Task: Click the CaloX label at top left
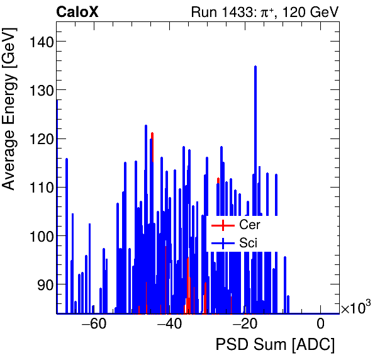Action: coord(77,12)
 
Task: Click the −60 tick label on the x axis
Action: coord(94,325)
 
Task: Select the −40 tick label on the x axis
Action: coord(169,325)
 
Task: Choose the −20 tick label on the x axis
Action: coord(245,325)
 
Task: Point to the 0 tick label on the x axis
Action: coord(320,325)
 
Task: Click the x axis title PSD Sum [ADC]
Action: coord(275,345)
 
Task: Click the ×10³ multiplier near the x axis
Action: coord(355,308)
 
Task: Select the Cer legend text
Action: coord(250,225)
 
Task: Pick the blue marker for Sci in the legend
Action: coord(223,242)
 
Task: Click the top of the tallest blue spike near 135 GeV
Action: coord(255,67)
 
